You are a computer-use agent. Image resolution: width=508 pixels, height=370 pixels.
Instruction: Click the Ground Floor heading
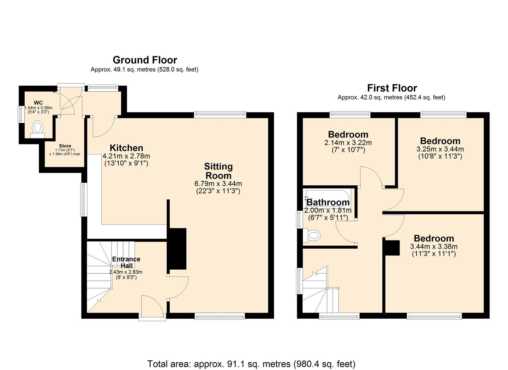point(145,60)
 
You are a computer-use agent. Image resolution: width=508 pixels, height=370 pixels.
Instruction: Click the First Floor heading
point(392,88)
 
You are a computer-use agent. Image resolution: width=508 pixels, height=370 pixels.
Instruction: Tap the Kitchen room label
point(126,148)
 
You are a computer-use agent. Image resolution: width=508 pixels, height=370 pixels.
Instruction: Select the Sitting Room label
point(218,171)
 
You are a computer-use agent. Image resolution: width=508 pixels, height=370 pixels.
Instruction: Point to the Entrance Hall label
point(126,262)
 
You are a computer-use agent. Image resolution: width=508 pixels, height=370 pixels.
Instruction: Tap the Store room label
point(65,146)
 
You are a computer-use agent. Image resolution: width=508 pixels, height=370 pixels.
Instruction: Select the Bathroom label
point(328,202)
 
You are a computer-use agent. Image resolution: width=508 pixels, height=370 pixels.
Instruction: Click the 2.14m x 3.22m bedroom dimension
point(348,143)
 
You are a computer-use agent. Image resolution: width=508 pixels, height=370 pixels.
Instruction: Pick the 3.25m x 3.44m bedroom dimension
point(440,149)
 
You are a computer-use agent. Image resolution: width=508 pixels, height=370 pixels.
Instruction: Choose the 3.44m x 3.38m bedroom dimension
point(434,247)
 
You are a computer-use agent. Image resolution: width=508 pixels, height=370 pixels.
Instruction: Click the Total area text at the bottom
point(251,363)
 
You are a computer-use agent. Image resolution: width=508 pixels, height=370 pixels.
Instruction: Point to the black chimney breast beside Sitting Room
point(178,248)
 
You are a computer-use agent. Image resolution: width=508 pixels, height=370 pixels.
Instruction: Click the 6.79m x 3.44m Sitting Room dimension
point(218,184)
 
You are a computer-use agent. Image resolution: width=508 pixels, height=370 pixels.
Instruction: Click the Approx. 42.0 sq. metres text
point(391,98)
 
